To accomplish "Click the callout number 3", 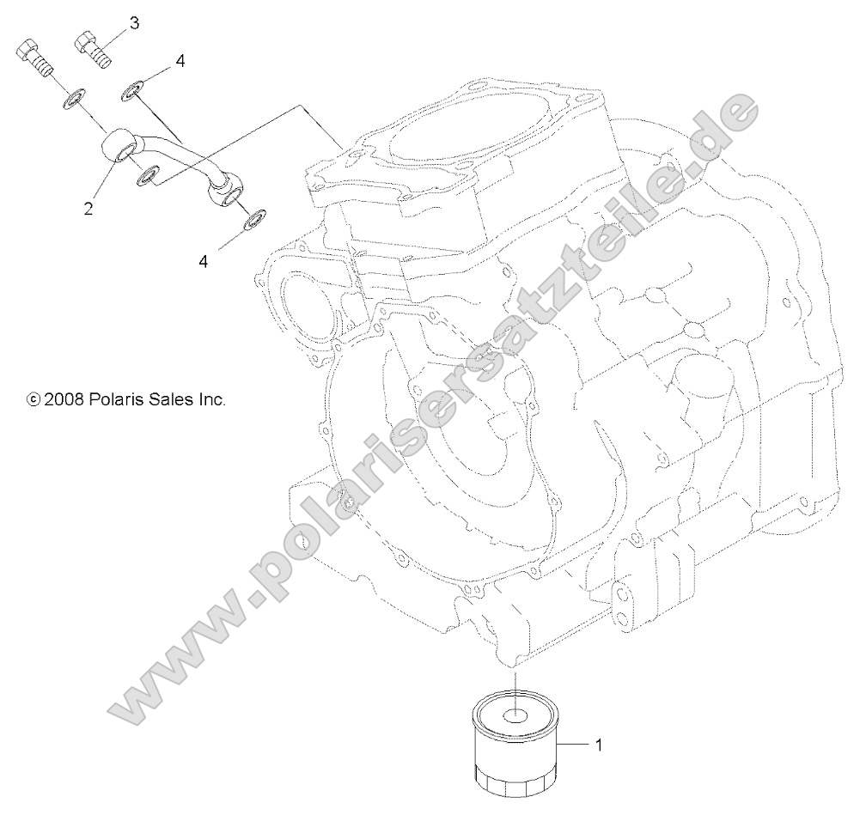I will [x=134, y=22].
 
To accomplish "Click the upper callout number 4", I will [x=180, y=60].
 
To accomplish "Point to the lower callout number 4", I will [x=204, y=261].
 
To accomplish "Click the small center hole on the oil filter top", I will [x=515, y=715].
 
